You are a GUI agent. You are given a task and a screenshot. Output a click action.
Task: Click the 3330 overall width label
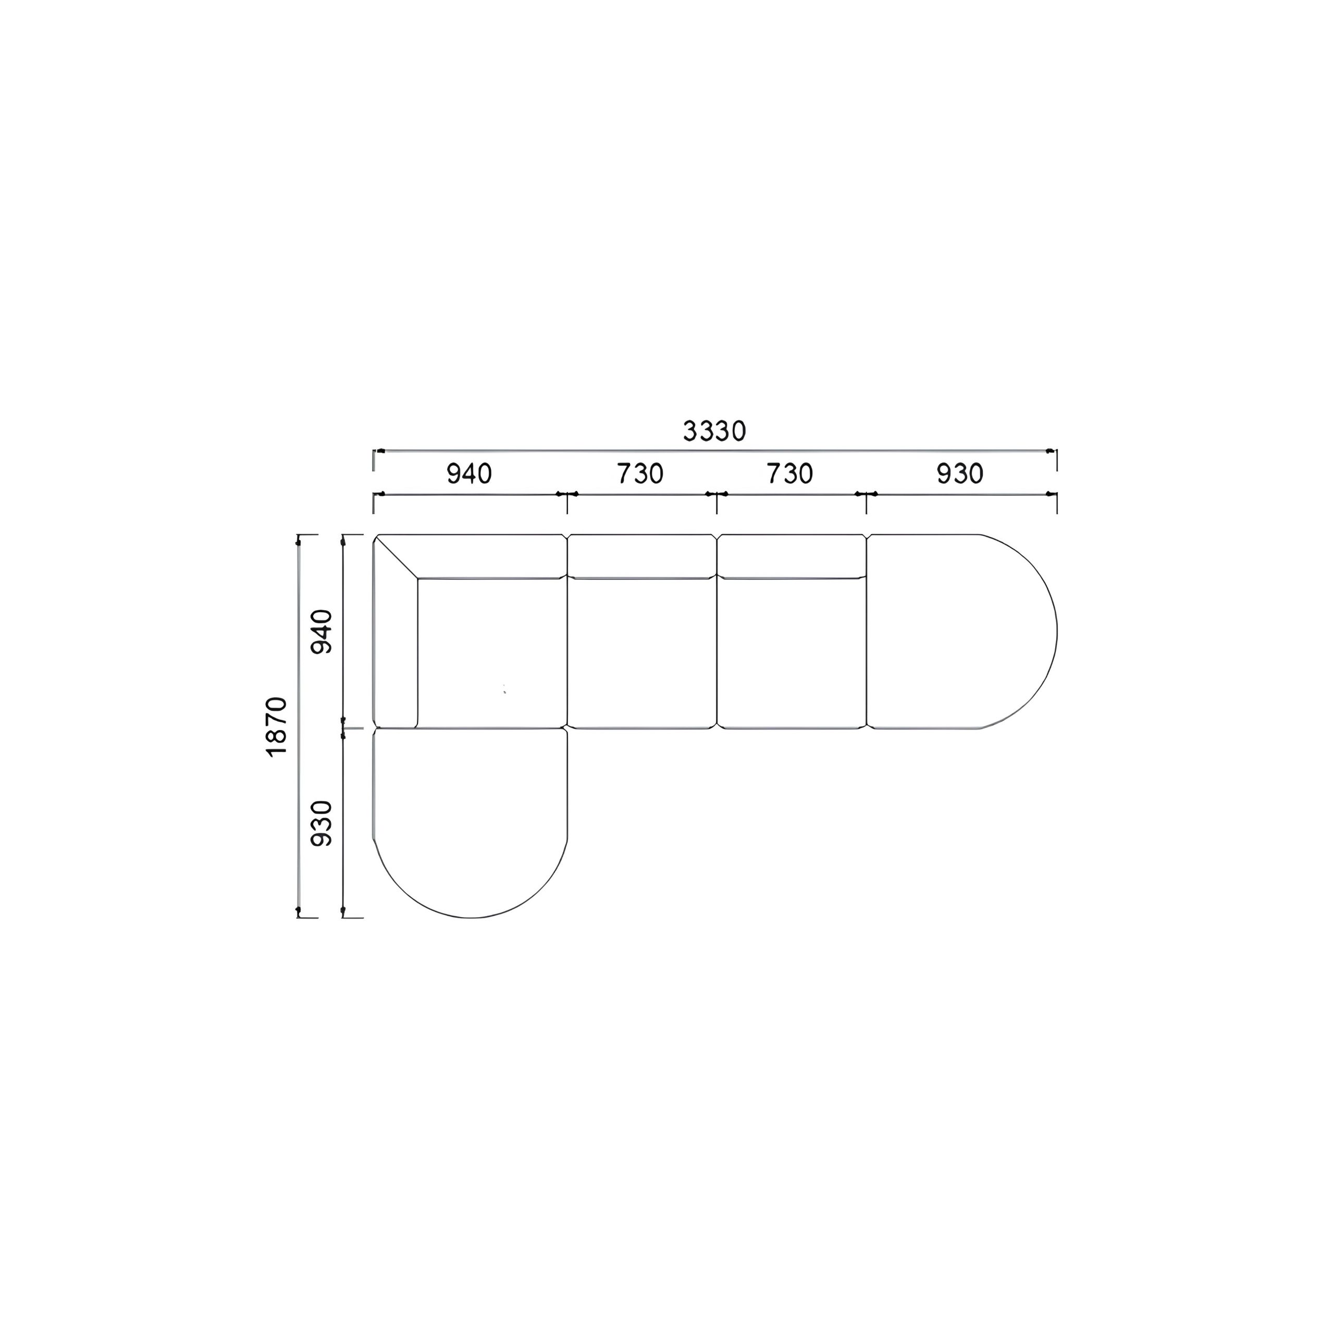[x=714, y=431]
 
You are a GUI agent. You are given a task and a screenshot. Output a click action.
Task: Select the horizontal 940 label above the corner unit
[x=469, y=474]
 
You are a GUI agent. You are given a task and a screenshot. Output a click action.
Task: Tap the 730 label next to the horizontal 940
[x=640, y=474]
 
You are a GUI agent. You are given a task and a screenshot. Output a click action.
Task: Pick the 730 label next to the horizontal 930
[x=790, y=474]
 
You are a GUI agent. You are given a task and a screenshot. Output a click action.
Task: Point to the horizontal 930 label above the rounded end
[x=960, y=474]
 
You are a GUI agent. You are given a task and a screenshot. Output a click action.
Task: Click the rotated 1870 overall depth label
[x=276, y=727]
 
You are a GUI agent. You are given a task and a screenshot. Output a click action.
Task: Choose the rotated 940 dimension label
[x=322, y=632]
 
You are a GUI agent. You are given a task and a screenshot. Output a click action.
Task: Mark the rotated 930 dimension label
[x=322, y=823]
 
